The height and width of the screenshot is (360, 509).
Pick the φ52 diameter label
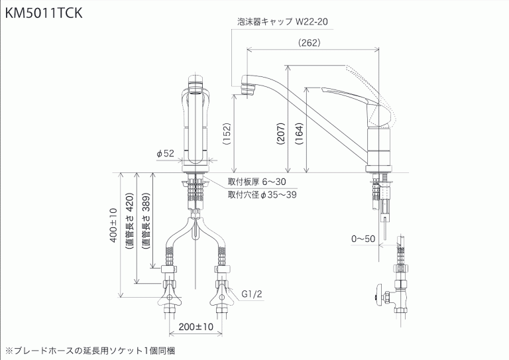tap(165, 153)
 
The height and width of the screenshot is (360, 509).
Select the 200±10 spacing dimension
tap(196, 327)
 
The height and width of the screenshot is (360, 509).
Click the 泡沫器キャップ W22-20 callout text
tap(283, 21)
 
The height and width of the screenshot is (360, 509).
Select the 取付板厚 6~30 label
tap(256, 181)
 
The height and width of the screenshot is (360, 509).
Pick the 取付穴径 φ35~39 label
tap(262, 194)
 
